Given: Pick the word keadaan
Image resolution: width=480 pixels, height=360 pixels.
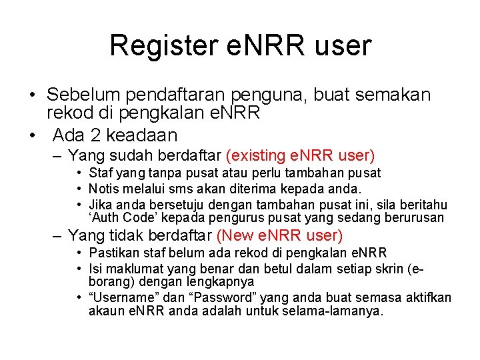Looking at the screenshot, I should click(141, 135).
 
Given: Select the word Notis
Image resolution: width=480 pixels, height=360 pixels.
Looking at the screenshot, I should click(103, 189).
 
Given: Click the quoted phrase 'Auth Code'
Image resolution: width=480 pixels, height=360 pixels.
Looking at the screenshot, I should click(118, 218).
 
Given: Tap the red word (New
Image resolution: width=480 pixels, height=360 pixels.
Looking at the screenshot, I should click(235, 235).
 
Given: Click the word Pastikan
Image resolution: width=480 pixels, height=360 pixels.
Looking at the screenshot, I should click(111, 253).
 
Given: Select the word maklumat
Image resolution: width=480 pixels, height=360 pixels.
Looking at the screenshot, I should click(129, 269).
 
